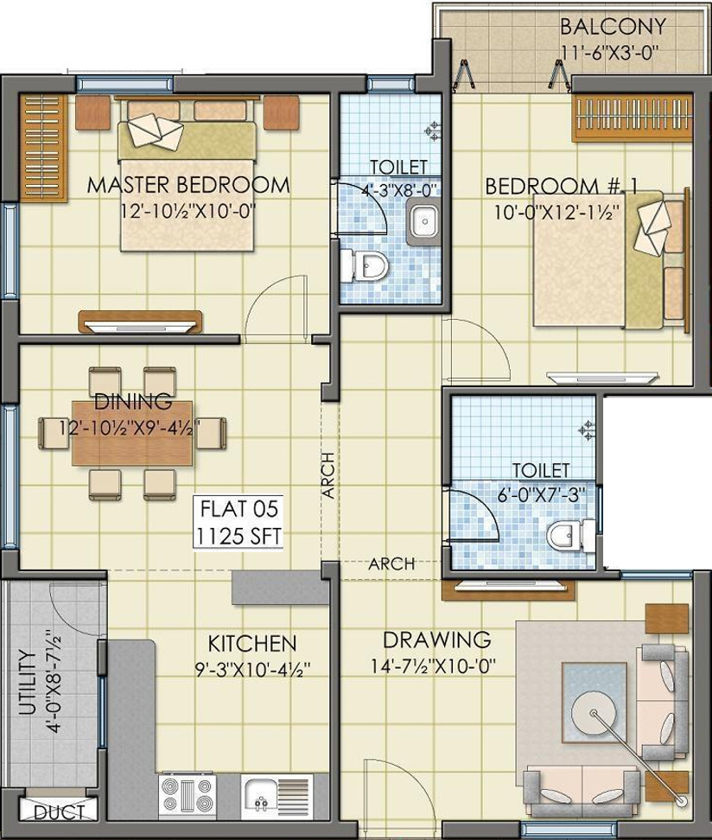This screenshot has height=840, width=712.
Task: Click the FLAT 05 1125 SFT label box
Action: point(238,522)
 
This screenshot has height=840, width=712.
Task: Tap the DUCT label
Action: point(59,812)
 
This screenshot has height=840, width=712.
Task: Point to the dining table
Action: point(132,433)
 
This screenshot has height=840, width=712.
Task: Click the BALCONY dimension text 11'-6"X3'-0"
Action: point(610,53)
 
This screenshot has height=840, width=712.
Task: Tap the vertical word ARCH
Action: point(328,475)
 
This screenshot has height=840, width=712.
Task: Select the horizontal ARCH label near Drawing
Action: point(391,563)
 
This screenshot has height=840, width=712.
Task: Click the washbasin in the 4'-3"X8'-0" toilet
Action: point(423,220)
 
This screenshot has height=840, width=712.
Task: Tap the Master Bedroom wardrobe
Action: point(44,148)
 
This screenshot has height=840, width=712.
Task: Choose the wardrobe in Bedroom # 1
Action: point(633,118)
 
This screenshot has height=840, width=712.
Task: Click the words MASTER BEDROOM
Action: point(188,185)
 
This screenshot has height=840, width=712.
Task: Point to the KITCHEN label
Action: point(251,643)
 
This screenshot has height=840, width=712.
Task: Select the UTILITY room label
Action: point(27,683)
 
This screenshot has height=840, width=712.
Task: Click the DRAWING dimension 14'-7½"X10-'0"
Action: point(433,666)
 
